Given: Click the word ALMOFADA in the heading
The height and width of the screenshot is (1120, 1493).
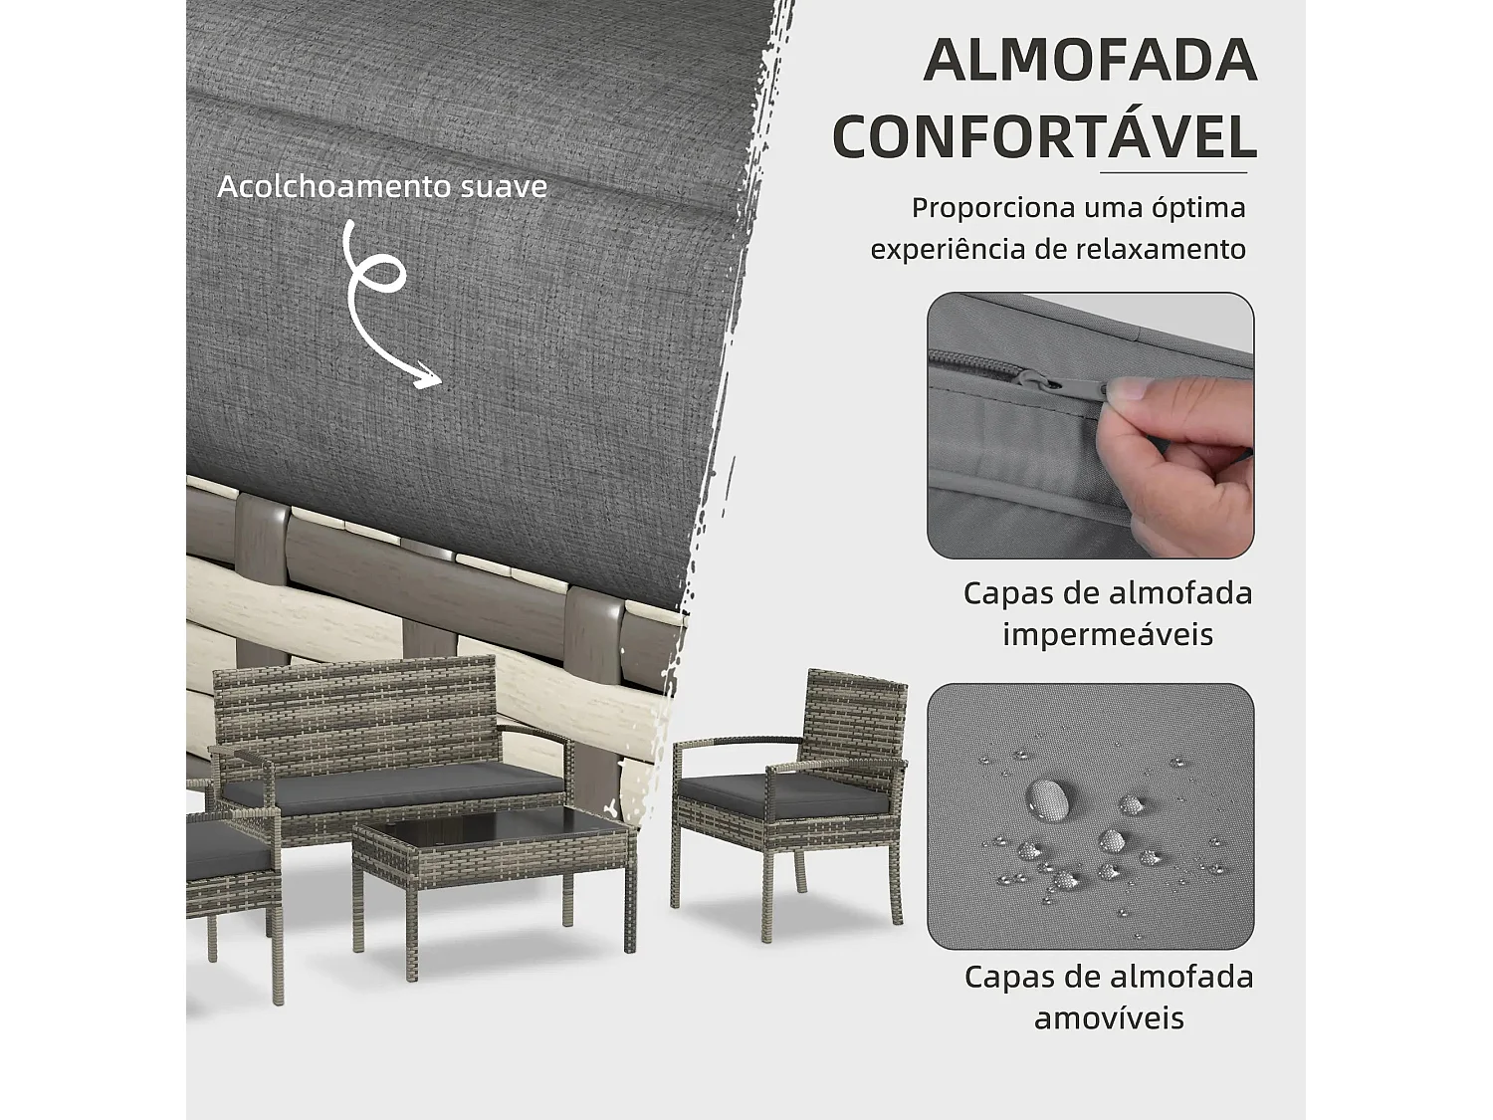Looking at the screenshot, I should pyautogui.click(x=1090, y=61).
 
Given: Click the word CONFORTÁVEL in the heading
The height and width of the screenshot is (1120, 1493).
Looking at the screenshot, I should pyautogui.click(x=1044, y=137).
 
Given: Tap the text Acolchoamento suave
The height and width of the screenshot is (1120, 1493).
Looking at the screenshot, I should pyautogui.click(x=382, y=187).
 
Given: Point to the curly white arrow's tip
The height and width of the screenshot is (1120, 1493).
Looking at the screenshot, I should pyautogui.click(x=438, y=379).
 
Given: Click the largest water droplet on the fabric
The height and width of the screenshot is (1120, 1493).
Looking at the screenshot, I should pyautogui.click(x=1046, y=797).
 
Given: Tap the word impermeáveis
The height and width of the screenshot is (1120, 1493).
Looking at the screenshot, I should pyautogui.click(x=1108, y=634).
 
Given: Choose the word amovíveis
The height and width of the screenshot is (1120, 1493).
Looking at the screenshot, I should pyautogui.click(x=1109, y=1018).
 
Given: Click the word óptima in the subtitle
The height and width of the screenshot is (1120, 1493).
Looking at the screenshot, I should pyautogui.click(x=1198, y=208).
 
